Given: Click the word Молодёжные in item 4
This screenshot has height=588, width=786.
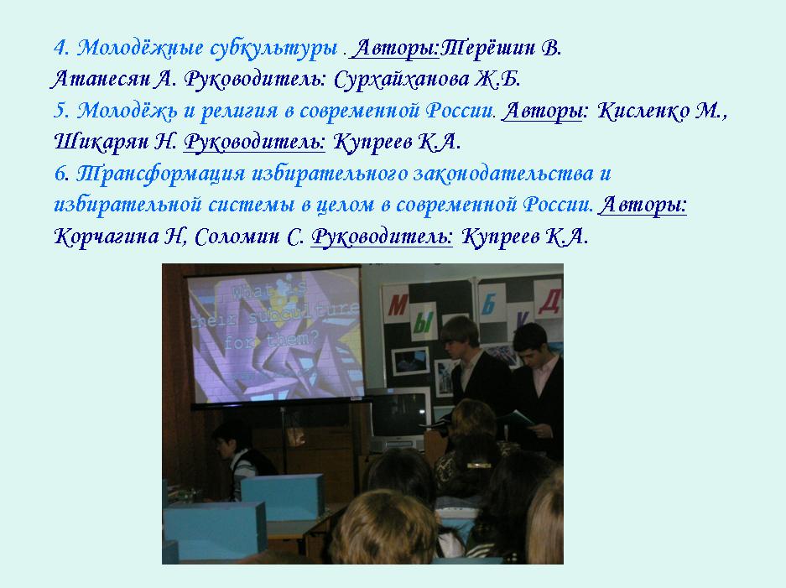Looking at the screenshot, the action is (140, 49).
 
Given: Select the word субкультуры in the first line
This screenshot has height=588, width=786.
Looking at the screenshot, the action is (273, 49).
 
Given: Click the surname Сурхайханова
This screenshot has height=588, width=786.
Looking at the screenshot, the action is (401, 80).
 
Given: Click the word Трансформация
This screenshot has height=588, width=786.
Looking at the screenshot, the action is (160, 174).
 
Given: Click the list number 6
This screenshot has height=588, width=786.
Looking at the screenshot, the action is (61, 174).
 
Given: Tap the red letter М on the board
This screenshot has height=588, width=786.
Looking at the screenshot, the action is (398, 304).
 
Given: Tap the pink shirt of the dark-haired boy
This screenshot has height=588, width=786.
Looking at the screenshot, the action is (544, 375).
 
